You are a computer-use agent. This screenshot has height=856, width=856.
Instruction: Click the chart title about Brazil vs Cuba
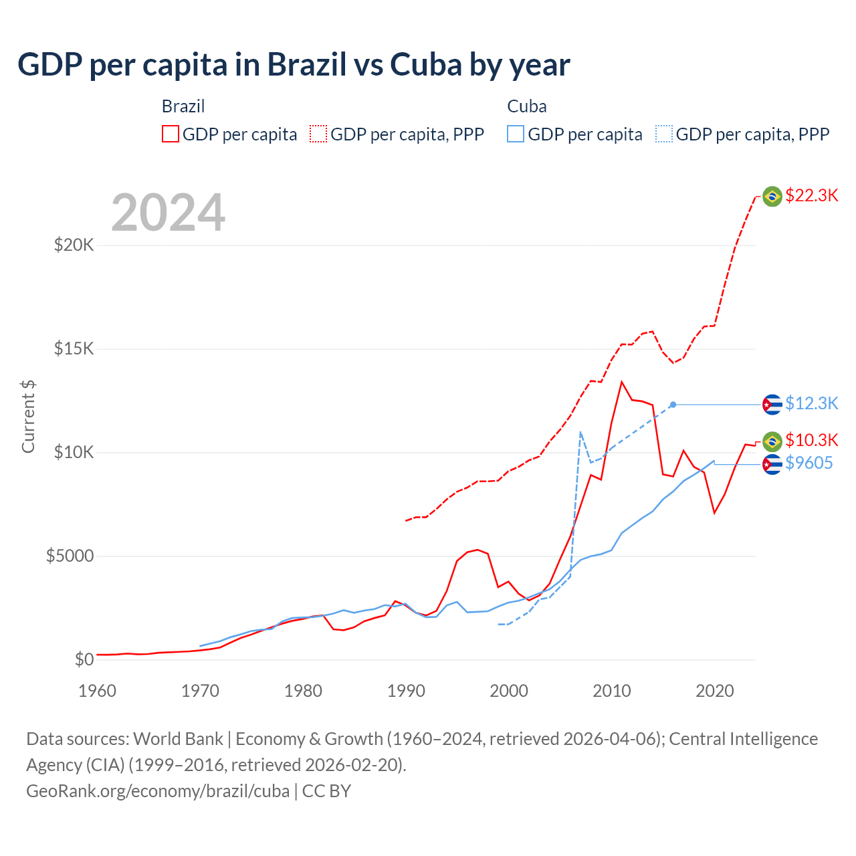click(x=294, y=65)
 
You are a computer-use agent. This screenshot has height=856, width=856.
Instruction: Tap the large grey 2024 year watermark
click(x=168, y=213)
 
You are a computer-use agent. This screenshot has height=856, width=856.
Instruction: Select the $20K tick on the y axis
click(x=74, y=245)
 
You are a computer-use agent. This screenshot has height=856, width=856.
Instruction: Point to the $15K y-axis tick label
click(x=74, y=348)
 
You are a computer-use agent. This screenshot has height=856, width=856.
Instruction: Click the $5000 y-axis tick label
click(x=70, y=556)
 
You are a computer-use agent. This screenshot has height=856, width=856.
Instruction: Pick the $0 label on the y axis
click(x=84, y=659)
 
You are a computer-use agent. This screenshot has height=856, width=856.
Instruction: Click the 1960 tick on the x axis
click(x=97, y=691)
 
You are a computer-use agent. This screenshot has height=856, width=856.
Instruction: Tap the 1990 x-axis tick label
click(x=406, y=691)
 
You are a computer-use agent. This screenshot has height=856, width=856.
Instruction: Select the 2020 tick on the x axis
click(x=715, y=691)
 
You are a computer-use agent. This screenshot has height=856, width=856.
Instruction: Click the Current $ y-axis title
click(x=28, y=416)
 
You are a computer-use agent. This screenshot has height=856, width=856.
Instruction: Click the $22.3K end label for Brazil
click(x=811, y=195)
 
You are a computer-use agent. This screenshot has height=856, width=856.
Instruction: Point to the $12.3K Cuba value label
click(x=811, y=403)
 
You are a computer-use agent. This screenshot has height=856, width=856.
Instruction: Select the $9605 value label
click(x=809, y=463)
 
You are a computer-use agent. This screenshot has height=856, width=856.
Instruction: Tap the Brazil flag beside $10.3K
click(x=772, y=441)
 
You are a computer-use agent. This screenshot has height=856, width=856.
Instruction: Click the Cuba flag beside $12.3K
click(x=772, y=405)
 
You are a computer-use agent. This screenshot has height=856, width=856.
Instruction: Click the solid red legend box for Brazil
click(x=171, y=134)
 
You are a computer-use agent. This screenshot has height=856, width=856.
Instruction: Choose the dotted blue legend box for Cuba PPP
click(x=664, y=134)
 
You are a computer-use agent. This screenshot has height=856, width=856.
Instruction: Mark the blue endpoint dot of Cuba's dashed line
click(x=673, y=405)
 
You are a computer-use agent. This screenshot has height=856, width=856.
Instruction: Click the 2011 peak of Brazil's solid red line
click(x=622, y=382)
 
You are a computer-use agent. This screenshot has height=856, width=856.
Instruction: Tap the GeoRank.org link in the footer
click(x=158, y=791)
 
